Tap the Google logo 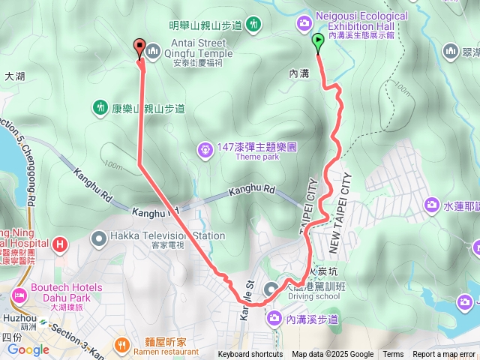point(28,349)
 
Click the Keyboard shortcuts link point(250,355)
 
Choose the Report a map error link point(445,355)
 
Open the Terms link point(393,355)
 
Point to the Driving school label point(313,296)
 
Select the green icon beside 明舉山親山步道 point(254,25)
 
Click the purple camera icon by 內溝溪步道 point(274,320)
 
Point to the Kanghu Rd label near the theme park point(254,189)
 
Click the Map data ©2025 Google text point(332,355)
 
